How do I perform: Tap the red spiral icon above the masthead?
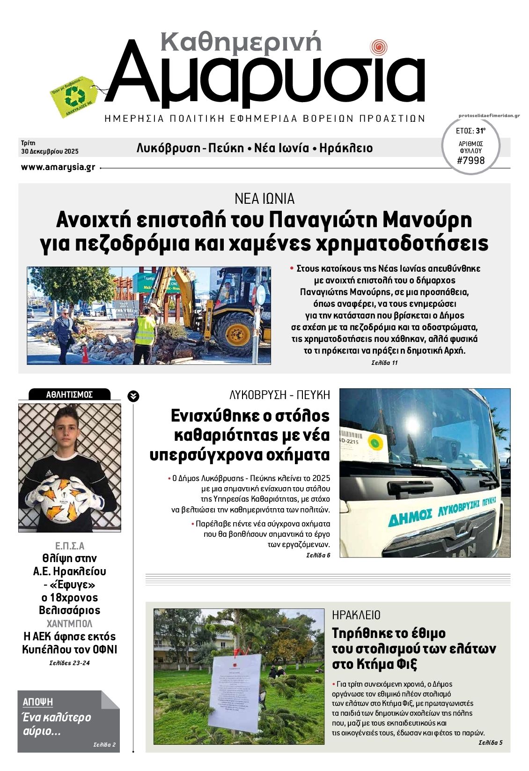click(x=378, y=47)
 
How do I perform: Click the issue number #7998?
click(x=471, y=161)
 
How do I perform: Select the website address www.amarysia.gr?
click(x=58, y=167)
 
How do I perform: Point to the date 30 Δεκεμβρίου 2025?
click(x=50, y=151)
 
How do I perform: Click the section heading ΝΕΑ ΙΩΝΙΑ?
click(x=264, y=199)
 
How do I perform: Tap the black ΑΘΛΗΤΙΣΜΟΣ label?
click(x=69, y=394)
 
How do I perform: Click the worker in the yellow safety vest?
click(x=146, y=330)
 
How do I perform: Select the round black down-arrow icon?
click(x=133, y=396)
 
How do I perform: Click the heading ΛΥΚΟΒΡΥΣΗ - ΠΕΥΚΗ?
click(x=279, y=395)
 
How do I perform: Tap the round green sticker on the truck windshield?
click(x=375, y=442)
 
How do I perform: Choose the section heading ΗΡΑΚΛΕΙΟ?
click(x=356, y=615)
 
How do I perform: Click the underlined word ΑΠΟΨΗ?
click(x=38, y=702)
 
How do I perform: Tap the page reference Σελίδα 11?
click(x=384, y=363)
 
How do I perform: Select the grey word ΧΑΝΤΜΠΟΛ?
click(x=69, y=623)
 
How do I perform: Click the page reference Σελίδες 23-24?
click(x=69, y=663)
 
